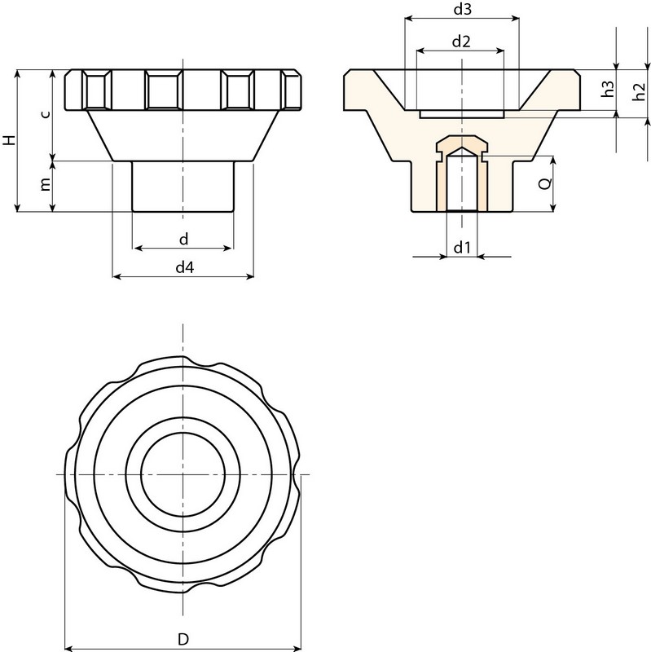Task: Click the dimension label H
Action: pos(9,139)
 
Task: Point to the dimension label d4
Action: pos(183,267)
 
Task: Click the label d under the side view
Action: pos(183,238)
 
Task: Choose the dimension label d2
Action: pos(461,40)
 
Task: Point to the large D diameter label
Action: pos(183,639)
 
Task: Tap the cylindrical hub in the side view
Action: pos(183,187)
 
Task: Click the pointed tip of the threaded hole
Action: pos(462,149)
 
